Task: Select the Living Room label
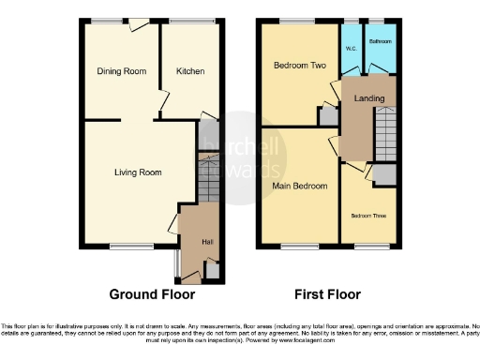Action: [x=138, y=172]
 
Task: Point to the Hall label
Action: [x=206, y=242]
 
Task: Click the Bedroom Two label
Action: [x=298, y=67]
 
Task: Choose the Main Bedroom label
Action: [x=300, y=187]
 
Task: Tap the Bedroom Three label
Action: [x=368, y=216]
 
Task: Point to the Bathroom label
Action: [x=380, y=42]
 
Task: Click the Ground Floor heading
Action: [x=152, y=294]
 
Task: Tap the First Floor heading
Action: [x=328, y=294]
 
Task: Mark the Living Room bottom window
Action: [x=124, y=247]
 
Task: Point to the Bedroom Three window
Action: [x=367, y=247]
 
